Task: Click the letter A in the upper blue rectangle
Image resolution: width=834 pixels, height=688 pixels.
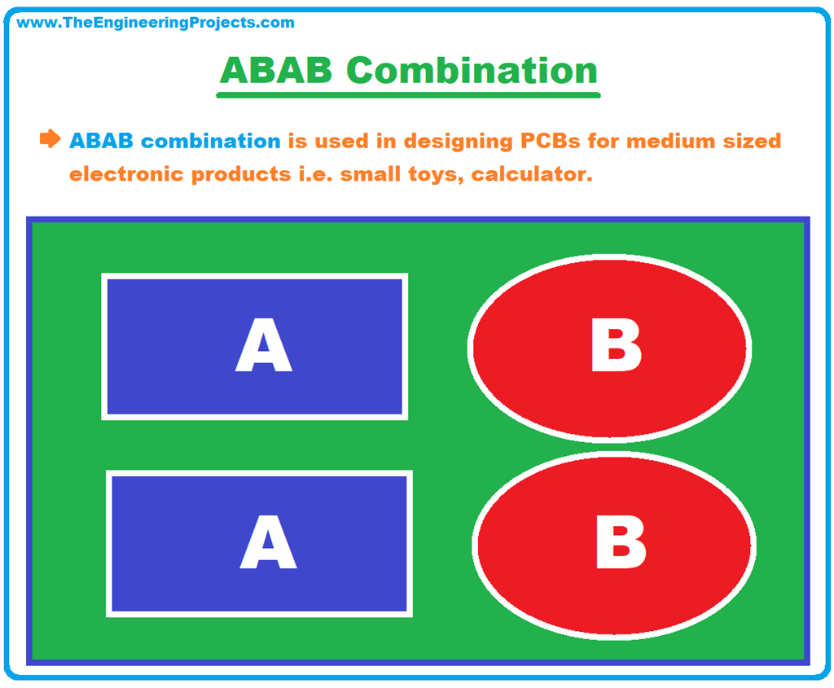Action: click(x=263, y=346)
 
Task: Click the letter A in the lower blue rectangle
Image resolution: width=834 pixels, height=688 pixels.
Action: click(x=268, y=543)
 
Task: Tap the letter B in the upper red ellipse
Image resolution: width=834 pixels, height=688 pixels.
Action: click(x=616, y=346)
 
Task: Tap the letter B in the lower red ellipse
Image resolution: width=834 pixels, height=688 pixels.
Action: click(x=621, y=543)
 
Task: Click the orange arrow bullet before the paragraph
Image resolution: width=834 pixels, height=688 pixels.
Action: click(x=50, y=138)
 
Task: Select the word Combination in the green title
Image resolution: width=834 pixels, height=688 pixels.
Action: click(x=472, y=71)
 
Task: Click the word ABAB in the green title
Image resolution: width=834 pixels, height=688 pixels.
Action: click(x=276, y=71)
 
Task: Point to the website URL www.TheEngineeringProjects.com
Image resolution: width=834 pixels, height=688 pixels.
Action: click(x=156, y=23)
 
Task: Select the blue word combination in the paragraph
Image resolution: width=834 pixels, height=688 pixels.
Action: click(x=211, y=141)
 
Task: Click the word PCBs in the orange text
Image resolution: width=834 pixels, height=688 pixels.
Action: click(x=549, y=141)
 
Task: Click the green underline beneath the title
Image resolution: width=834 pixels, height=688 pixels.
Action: click(x=407, y=95)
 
